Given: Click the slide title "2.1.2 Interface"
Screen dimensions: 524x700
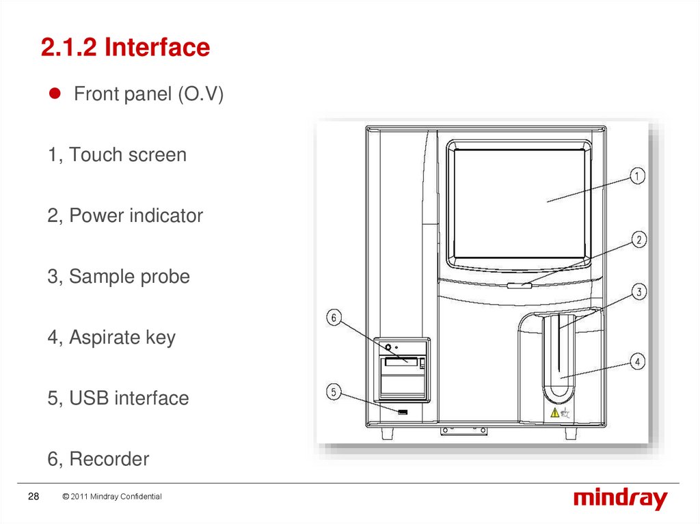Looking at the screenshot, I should pos(125,48).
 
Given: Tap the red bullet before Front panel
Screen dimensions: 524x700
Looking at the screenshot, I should pos(59,94).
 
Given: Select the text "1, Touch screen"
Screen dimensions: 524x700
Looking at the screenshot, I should pos(117,154).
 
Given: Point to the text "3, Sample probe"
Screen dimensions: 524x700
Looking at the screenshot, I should pos(119,277).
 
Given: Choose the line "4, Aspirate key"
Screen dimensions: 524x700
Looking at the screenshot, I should pos(111,337).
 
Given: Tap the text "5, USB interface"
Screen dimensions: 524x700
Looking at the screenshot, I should pos(118,398).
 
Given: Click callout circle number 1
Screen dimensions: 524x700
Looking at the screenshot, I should pos(636,176).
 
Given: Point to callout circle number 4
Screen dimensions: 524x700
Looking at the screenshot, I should pos(636,361).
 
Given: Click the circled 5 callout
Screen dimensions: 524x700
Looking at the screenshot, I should pos(334,392).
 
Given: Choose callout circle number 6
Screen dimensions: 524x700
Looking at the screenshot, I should pos(334,318).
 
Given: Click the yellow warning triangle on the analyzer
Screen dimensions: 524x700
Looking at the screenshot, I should pos(554,412).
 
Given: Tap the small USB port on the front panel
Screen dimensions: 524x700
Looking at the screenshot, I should pos(403,412).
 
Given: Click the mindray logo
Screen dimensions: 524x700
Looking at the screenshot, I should pos(619,499).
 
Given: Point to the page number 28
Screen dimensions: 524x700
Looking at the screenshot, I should pos(33,497).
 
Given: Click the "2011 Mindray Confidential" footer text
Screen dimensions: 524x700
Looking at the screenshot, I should pos(111,497).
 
